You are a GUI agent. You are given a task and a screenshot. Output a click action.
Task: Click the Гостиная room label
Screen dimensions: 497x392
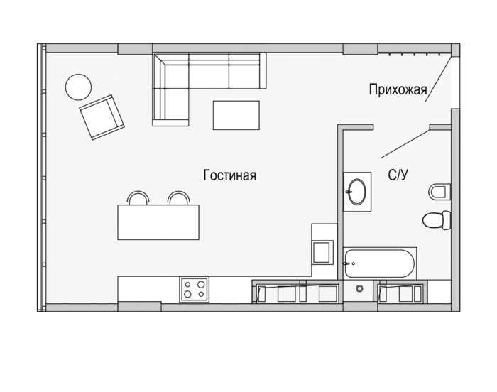coord(230,175)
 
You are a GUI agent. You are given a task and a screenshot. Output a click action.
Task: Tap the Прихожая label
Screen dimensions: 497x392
coord(398,89)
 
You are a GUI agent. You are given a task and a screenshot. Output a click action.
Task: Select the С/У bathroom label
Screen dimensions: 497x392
coord(398,175)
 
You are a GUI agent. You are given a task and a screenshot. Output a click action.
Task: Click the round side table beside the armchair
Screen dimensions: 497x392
coord(78,87)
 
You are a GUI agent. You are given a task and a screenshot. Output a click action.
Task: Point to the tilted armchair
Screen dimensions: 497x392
coord(102,117)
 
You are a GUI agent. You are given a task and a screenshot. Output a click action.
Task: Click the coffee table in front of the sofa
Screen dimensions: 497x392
coord(236,115)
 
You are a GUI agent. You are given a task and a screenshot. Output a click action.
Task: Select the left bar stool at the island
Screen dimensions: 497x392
coord(138,198)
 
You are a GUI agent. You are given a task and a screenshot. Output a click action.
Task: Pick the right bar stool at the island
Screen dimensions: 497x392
coord(179,198)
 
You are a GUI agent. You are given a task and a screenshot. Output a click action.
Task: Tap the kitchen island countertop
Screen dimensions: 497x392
coord(158,222)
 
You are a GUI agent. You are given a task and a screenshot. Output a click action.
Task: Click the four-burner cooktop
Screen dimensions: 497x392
coord(195,289)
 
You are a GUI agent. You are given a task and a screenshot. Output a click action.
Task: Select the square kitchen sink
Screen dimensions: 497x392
coord(322,252)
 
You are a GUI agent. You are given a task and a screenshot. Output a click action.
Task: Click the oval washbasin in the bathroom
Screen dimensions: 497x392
coord(357,192)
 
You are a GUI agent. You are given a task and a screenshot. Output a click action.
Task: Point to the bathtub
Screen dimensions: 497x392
coord(379,263)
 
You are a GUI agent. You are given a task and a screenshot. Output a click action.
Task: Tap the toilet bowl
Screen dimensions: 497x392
coord(437,220)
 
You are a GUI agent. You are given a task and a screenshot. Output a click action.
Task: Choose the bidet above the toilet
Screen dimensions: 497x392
coord(439,192)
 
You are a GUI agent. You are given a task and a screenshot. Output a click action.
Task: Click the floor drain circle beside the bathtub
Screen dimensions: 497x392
coord(359,288)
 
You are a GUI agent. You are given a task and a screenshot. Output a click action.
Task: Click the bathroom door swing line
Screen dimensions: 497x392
coord(405,143)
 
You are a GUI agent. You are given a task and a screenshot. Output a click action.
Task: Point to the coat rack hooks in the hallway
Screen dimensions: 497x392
coord(415,54)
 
